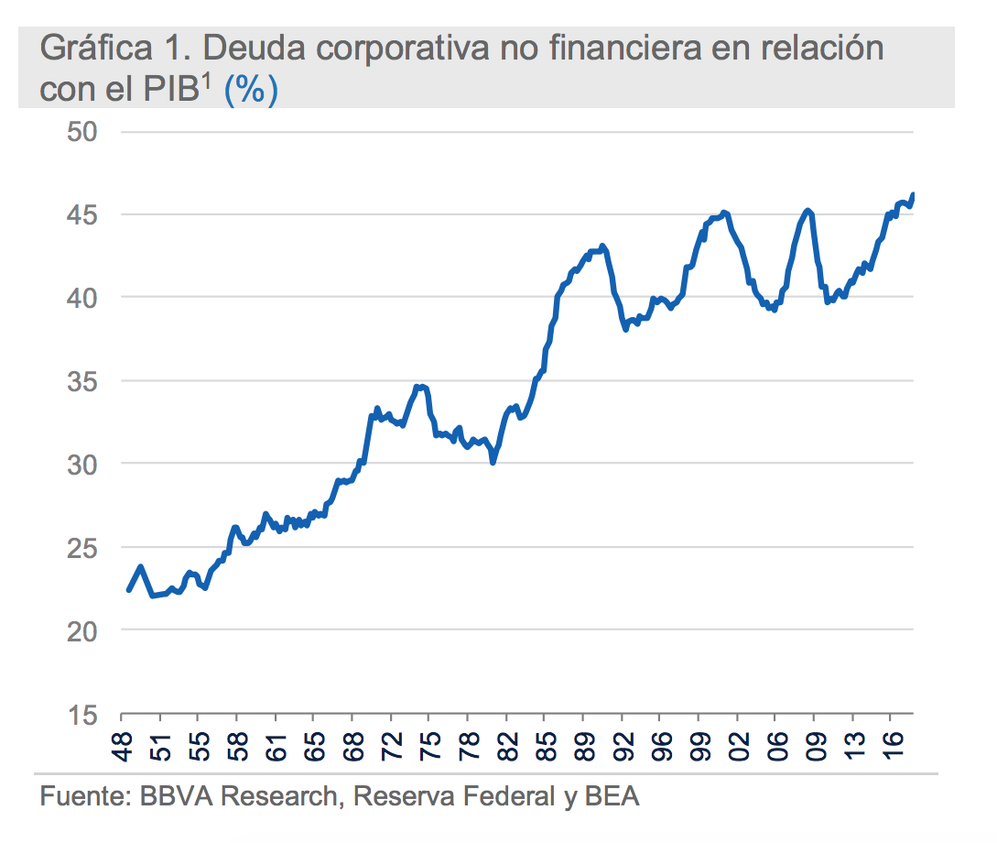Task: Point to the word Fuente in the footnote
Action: [81, 797]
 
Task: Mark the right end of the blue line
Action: [913, 194]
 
